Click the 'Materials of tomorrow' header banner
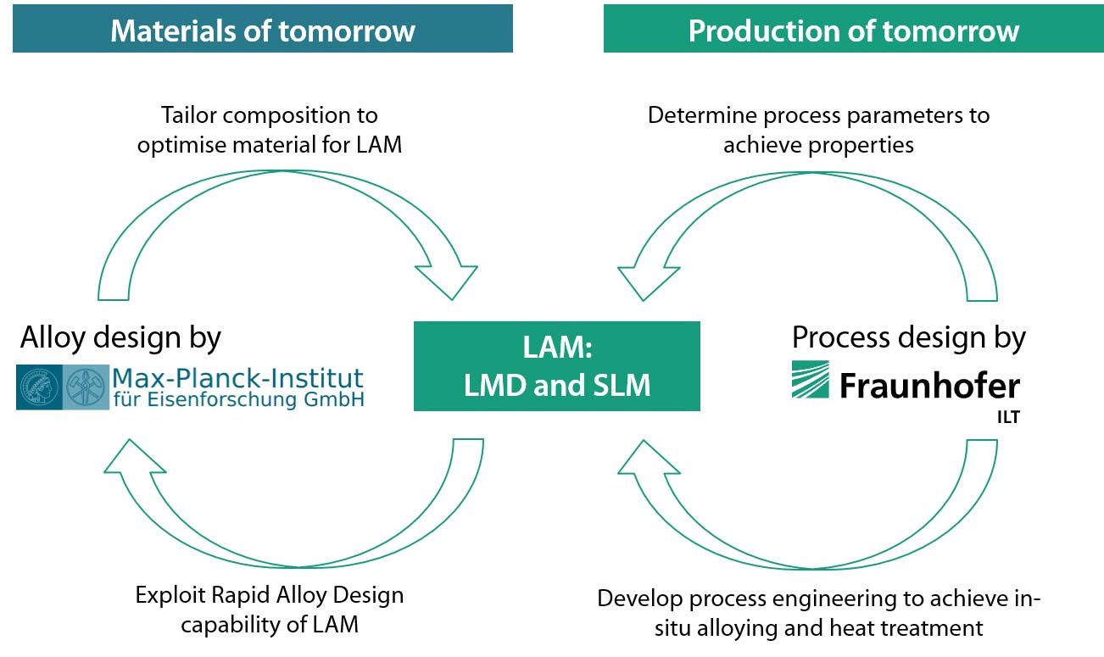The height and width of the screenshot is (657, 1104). tap(263, 30)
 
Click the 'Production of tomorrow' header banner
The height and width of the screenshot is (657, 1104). tap(853, 30)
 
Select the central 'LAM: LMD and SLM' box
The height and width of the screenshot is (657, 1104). tap(557, 366)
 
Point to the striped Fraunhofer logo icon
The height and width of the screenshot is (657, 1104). tap(810, 379)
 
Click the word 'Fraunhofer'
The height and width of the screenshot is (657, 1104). tap(929, 387)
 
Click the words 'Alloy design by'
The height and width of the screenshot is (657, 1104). tap(120, 337)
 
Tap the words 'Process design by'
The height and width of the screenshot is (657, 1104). tap(908, 337)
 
